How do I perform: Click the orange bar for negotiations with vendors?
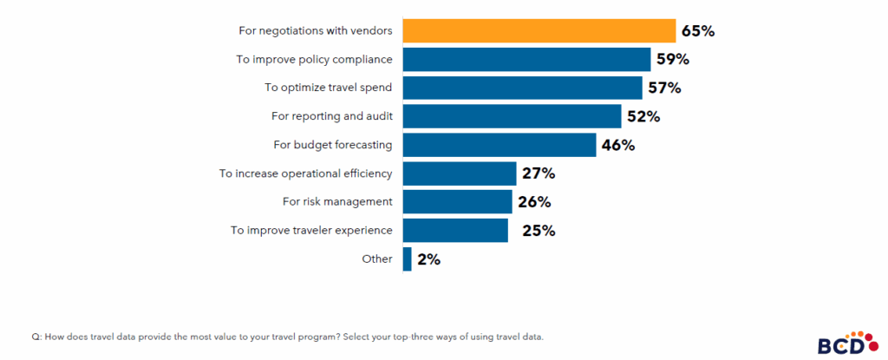pos(539,31)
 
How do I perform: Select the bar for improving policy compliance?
pos(526,60)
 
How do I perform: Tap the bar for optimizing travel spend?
pos(522,88)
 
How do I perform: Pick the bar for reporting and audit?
pos(512,116)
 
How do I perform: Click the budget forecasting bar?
pos(499,145)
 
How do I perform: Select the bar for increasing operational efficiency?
pos(460,173)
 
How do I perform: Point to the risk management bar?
pos(457,202)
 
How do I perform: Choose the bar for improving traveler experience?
pos(455,230)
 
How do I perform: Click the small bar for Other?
pos(407,259)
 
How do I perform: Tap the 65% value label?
pos(697,31)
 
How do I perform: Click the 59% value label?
pos(672,60)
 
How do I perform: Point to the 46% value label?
pos(617,145)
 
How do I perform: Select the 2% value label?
pos(428,259)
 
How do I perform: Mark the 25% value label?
pos(538,231)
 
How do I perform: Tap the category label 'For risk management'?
pos(337,202)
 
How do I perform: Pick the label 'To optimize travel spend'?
pos(328,88)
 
